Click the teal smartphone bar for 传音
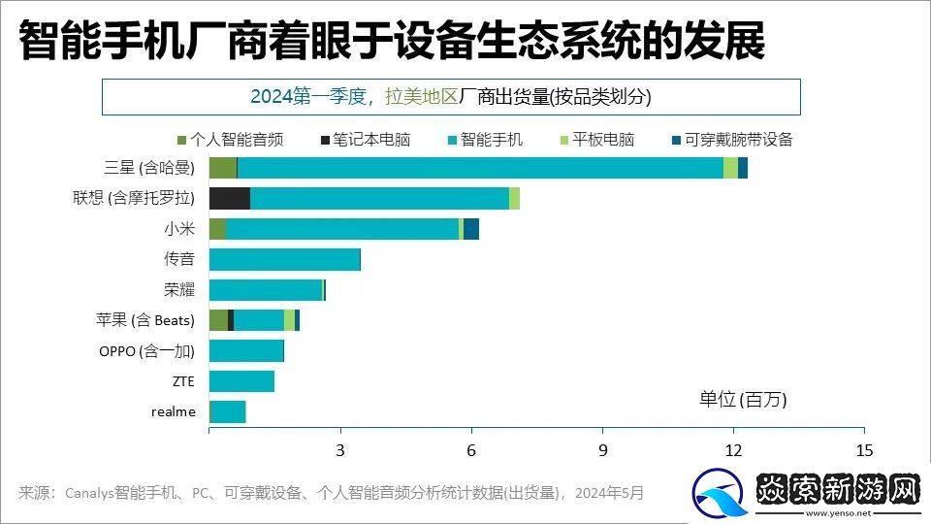click(x=284, y=259)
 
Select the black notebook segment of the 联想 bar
click(x=230, y=199)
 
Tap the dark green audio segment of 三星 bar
click(x=223, y=168)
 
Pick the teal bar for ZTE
click(x=241, y=381)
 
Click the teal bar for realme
click(x=228, y=412)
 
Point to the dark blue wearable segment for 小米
click(x=471, y=229)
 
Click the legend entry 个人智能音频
click(x=230, y=140)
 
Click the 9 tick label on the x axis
click(x=602, y=450)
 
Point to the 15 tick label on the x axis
click(x=864, y=450)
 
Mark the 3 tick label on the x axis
click(x=340, y=450)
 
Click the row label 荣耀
click(x=179, y=289)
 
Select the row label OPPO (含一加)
click(x=146, y=351)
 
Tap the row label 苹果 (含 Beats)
click(x=145, y=320)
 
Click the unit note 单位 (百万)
click(x=743, y=400)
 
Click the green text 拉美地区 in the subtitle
click(x=422, y=97)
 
